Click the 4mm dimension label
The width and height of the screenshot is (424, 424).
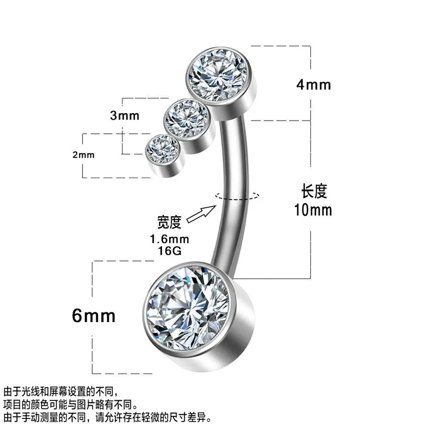click(314, 85)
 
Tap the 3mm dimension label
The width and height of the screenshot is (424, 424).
click(125, 116)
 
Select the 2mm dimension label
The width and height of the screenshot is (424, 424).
click(83, 155)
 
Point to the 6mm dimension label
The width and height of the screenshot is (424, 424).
click(94, 316)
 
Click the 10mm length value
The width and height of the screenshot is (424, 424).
click(313, 210)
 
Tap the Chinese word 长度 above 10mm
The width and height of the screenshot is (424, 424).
click(314, 191)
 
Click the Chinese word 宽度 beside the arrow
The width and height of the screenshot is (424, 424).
click(169, 222)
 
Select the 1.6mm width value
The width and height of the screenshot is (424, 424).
click(170, 239)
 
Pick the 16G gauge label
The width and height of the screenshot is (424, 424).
click(170, 251)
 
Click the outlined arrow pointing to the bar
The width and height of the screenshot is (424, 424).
click(202, 214)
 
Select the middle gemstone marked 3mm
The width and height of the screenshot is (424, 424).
click(187, 118)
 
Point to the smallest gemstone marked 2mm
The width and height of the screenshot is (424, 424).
click(162, 149)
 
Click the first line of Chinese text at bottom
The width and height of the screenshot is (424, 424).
click(61, 391)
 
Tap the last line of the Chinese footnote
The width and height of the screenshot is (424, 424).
click(107, 417)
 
